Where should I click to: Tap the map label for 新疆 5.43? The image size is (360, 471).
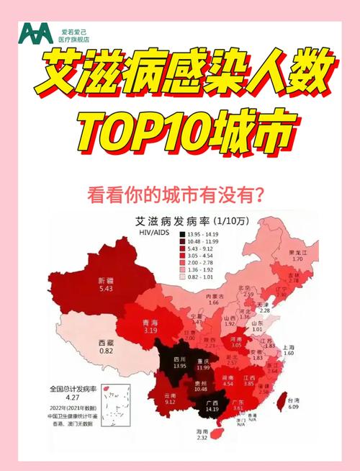[107, 284]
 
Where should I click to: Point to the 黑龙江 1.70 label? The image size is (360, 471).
[297, 256]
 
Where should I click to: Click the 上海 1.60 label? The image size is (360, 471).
[289, 350]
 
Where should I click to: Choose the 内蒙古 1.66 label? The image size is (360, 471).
[214, 299]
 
